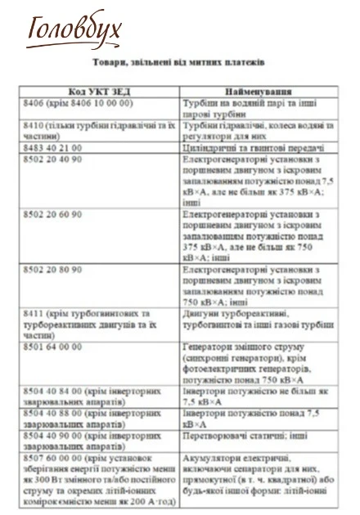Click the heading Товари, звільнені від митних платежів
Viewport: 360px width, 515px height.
(x=180, y=62)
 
